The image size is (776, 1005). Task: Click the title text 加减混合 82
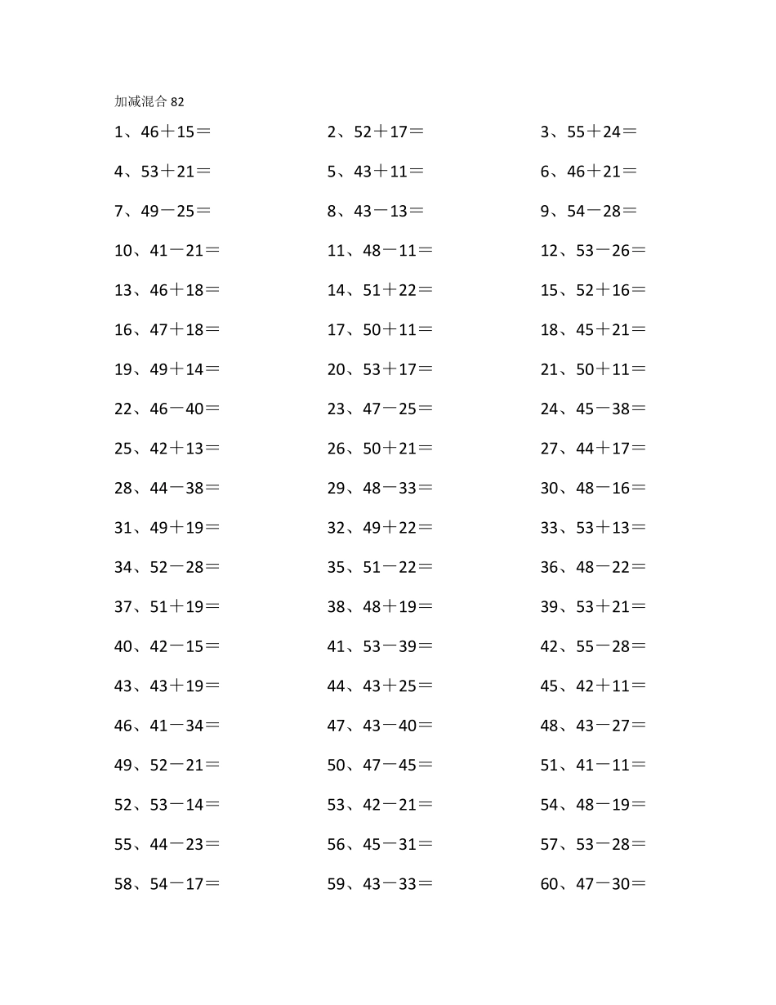pyautogui.click(x=149, y=101)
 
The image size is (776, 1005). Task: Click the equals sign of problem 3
pyautogui.click(x=630, y=132)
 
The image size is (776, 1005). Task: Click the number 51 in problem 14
pyautogui.click(x=372, y=290)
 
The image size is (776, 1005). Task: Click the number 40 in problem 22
pyautogui.click(x=195, y=409)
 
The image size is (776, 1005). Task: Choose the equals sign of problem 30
pyautogui.click(x=638, y=489)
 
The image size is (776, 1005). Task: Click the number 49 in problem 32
pyautogui.click(x=372, y=528)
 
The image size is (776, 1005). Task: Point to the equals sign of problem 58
pyautogui.click(x=212, y=884)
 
